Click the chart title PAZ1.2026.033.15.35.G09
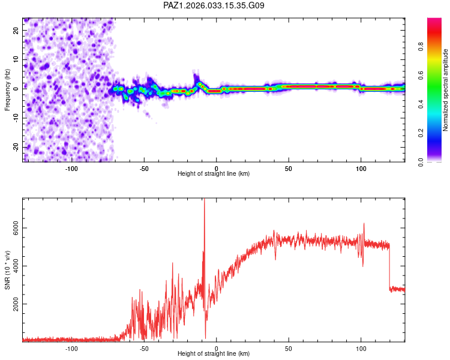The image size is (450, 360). point(214,5)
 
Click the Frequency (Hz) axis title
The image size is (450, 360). point(7,90)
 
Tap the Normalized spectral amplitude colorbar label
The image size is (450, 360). point(445,90)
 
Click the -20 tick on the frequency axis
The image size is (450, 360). point(16,147)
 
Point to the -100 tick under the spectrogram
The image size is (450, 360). point(72,168)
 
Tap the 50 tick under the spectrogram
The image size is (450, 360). point(289,168)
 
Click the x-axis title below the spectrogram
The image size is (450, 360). point(214,174)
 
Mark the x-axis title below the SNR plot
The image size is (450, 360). point(214,354)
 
